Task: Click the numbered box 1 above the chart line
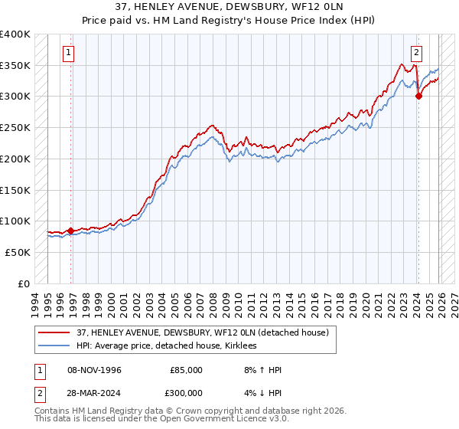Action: tap(69, 53)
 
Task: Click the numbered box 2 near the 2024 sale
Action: tap(416, 53)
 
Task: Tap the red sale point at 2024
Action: tap(419, 96)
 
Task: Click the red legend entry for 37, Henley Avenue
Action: tap(203, 332)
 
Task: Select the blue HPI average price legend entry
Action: tap(167, 346)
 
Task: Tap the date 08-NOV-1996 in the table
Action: tap(95, 370)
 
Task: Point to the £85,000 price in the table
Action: tap(186, 370)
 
